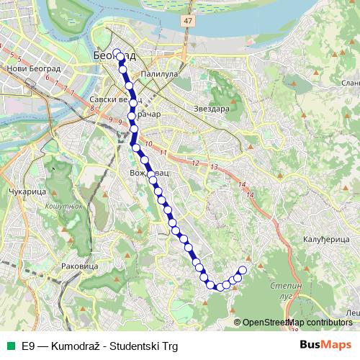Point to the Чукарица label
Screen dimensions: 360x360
point(27,193)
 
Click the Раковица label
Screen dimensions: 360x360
point(81,266)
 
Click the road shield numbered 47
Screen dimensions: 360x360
point(188,22)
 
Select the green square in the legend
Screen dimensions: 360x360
point(11,346)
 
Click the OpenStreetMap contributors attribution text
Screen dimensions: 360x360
point(297,323)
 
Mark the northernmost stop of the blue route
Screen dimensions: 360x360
point(117,53)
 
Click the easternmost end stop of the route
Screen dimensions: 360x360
point(242,270)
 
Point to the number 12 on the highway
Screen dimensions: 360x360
point(195,163)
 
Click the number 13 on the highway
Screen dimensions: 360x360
point(214,167)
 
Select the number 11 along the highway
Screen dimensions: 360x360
point(163,153)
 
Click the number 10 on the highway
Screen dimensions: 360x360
point(148,145)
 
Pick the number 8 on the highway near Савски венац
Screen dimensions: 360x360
point(92,109)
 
